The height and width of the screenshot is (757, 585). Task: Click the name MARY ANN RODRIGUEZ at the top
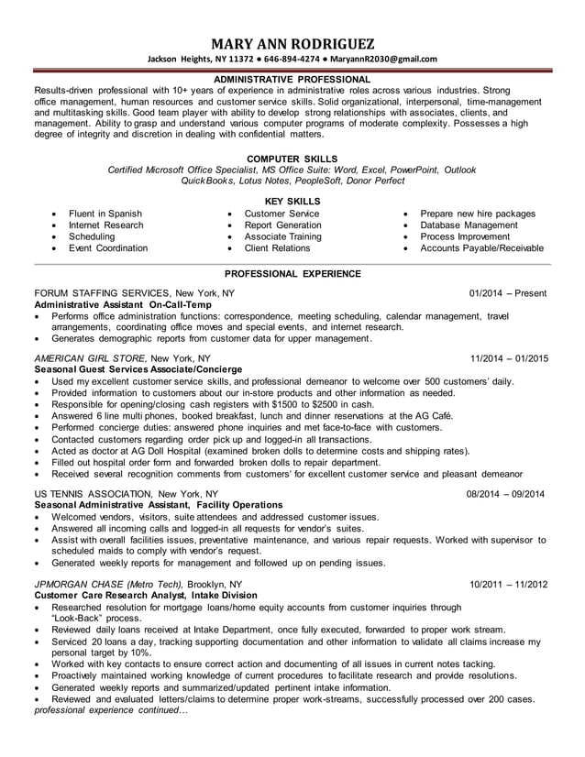[x=293, y=44]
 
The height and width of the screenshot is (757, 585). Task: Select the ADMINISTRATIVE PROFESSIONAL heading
[x=293, y=80]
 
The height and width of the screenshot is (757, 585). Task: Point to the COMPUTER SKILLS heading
[x=293, y=159]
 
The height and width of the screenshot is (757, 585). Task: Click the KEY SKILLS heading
[x=292, y=201]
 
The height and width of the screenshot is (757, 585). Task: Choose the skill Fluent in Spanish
[x=105, y=214]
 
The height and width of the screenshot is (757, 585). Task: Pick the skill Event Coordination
[x=108, y=247]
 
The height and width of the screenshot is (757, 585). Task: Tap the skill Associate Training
[x=282, y=236]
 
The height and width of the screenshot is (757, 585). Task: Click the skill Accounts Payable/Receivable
[x=481, y=247]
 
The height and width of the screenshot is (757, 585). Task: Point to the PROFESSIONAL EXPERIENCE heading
[x=292, y=273]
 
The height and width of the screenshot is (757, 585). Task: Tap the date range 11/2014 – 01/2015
[x=508, y=358]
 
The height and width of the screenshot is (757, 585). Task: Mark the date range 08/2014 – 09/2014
[x=505, y=494]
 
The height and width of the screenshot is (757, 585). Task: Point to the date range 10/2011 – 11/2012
[x=508, y=584]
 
